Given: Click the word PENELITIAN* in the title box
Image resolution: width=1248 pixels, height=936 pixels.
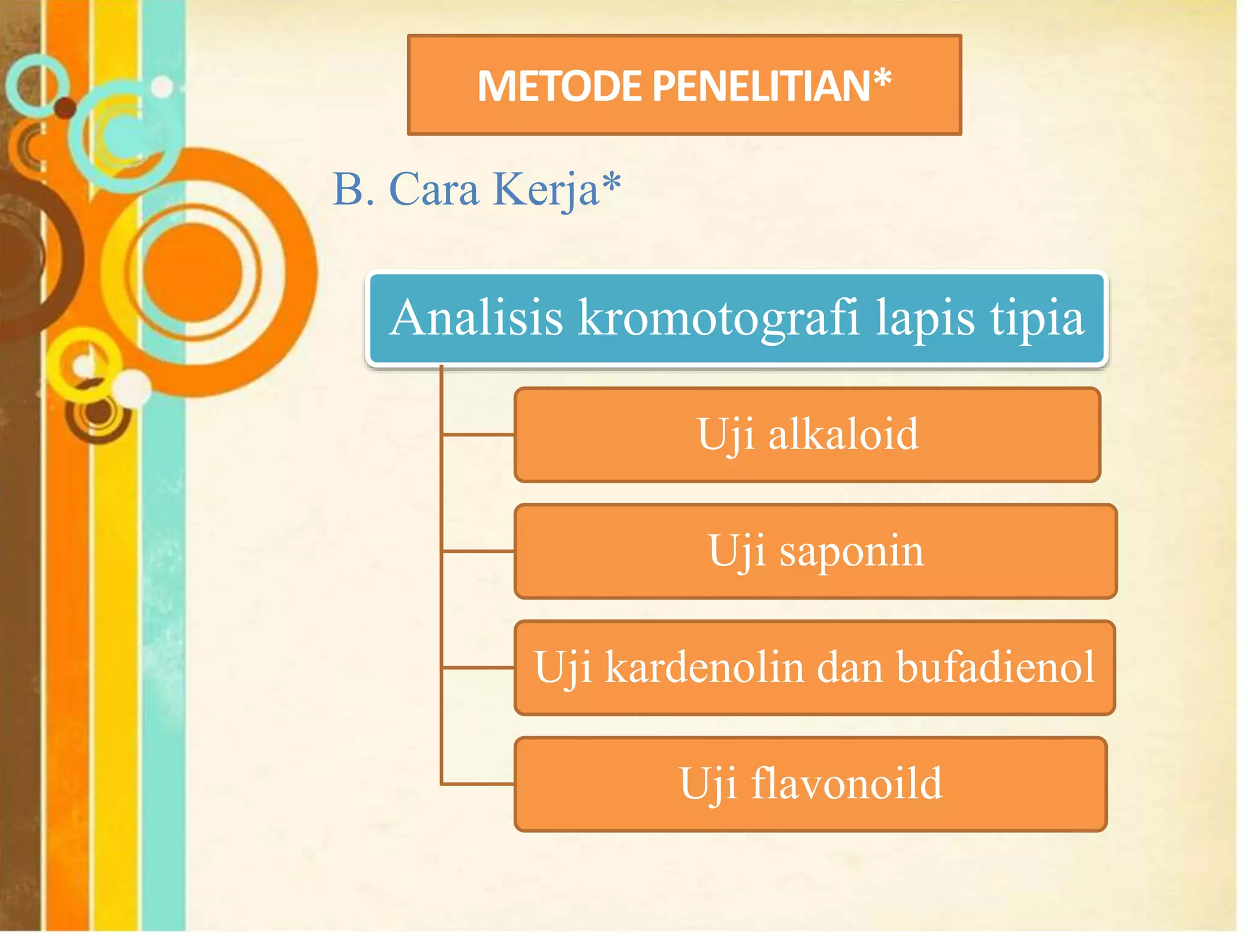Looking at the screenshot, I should (771, 86).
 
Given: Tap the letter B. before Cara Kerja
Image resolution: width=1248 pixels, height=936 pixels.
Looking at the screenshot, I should (353, 190).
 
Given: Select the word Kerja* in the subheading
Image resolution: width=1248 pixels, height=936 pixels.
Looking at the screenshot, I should (557, 190).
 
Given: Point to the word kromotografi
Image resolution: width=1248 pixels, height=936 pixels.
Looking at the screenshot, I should (719, 318).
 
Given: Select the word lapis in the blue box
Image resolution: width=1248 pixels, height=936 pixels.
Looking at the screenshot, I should (925, 318).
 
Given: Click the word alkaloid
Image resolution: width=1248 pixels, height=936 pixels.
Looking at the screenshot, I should (843, 434).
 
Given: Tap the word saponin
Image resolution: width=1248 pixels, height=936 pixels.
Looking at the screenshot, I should (851, 551).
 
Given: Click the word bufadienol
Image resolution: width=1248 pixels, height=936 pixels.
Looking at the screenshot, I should (996, 667).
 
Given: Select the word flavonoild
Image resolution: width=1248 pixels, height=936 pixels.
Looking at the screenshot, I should (846, 784).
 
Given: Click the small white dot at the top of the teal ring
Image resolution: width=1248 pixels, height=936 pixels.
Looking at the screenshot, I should (162, 87).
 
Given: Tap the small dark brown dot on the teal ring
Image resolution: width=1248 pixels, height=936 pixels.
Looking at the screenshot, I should (65, 107).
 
